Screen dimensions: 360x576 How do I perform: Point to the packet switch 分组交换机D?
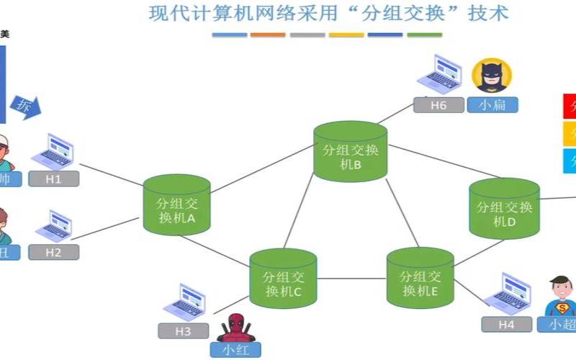[x=505, y=209]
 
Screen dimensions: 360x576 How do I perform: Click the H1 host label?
[x=54, y=179]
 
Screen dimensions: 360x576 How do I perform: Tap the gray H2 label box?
[x=54, y=252]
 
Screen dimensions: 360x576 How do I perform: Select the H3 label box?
[x=184, y=331]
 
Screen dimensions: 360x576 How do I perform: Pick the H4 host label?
[x=507, y=324]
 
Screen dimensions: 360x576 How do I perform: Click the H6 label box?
[x=438, y=105]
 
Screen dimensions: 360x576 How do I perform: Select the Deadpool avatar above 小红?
[x=234, y=328]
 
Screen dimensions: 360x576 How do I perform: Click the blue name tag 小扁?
[x=492, y=105]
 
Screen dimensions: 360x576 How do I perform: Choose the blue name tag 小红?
[x=235, y=350]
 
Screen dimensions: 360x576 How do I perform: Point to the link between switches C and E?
[x=351, y=279]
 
